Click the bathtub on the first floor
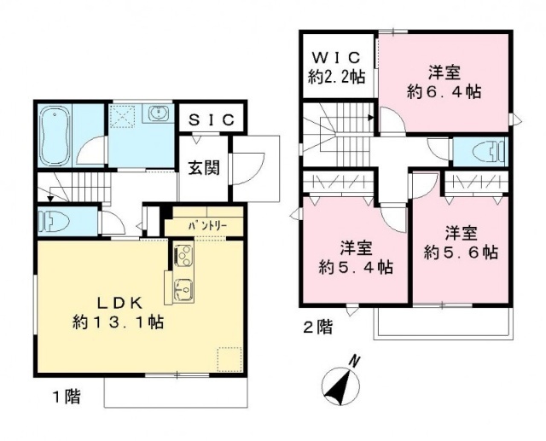coord(54,136)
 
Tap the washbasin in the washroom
coord(160,113)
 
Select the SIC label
coord(212,120)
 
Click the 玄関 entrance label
coord(205,168)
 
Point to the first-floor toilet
coord(54,221)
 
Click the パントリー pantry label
coord(207,226)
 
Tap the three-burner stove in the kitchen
coord(183,256)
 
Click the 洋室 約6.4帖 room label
coord(444,83)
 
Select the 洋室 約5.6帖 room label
coord(461,242)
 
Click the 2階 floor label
coord(318,328)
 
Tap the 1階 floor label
coord(67,397)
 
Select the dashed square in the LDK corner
coord(229,359)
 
